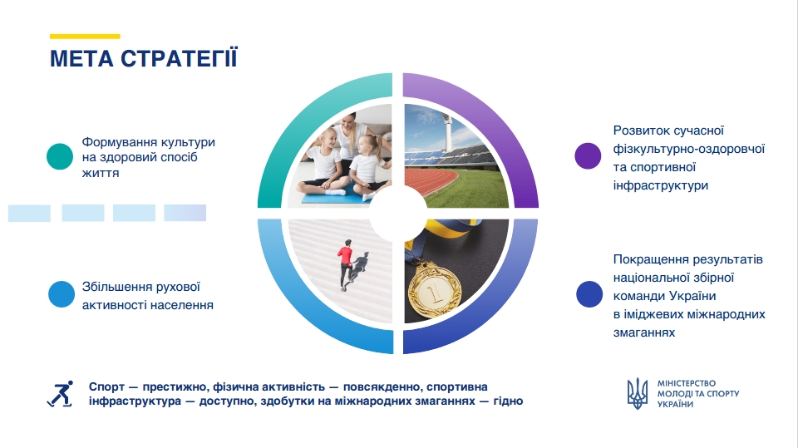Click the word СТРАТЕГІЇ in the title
click(180, 57)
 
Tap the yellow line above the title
click(85, 36)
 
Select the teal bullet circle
click(60, 156)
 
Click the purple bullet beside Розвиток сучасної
click(588, 155)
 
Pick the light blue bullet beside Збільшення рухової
click(62, 294)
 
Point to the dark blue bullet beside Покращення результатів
click(589, 294)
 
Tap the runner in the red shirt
click(345, 264)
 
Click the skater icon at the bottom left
click(61, 393)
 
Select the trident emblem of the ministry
click(638, 393)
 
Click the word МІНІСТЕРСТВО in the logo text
click(687, 383)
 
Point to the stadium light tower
click(448, 132)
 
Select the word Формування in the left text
click(113, 142)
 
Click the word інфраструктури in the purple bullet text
click(661, 185)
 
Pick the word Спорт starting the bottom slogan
click(106, 387)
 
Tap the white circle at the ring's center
click(398, 214)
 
